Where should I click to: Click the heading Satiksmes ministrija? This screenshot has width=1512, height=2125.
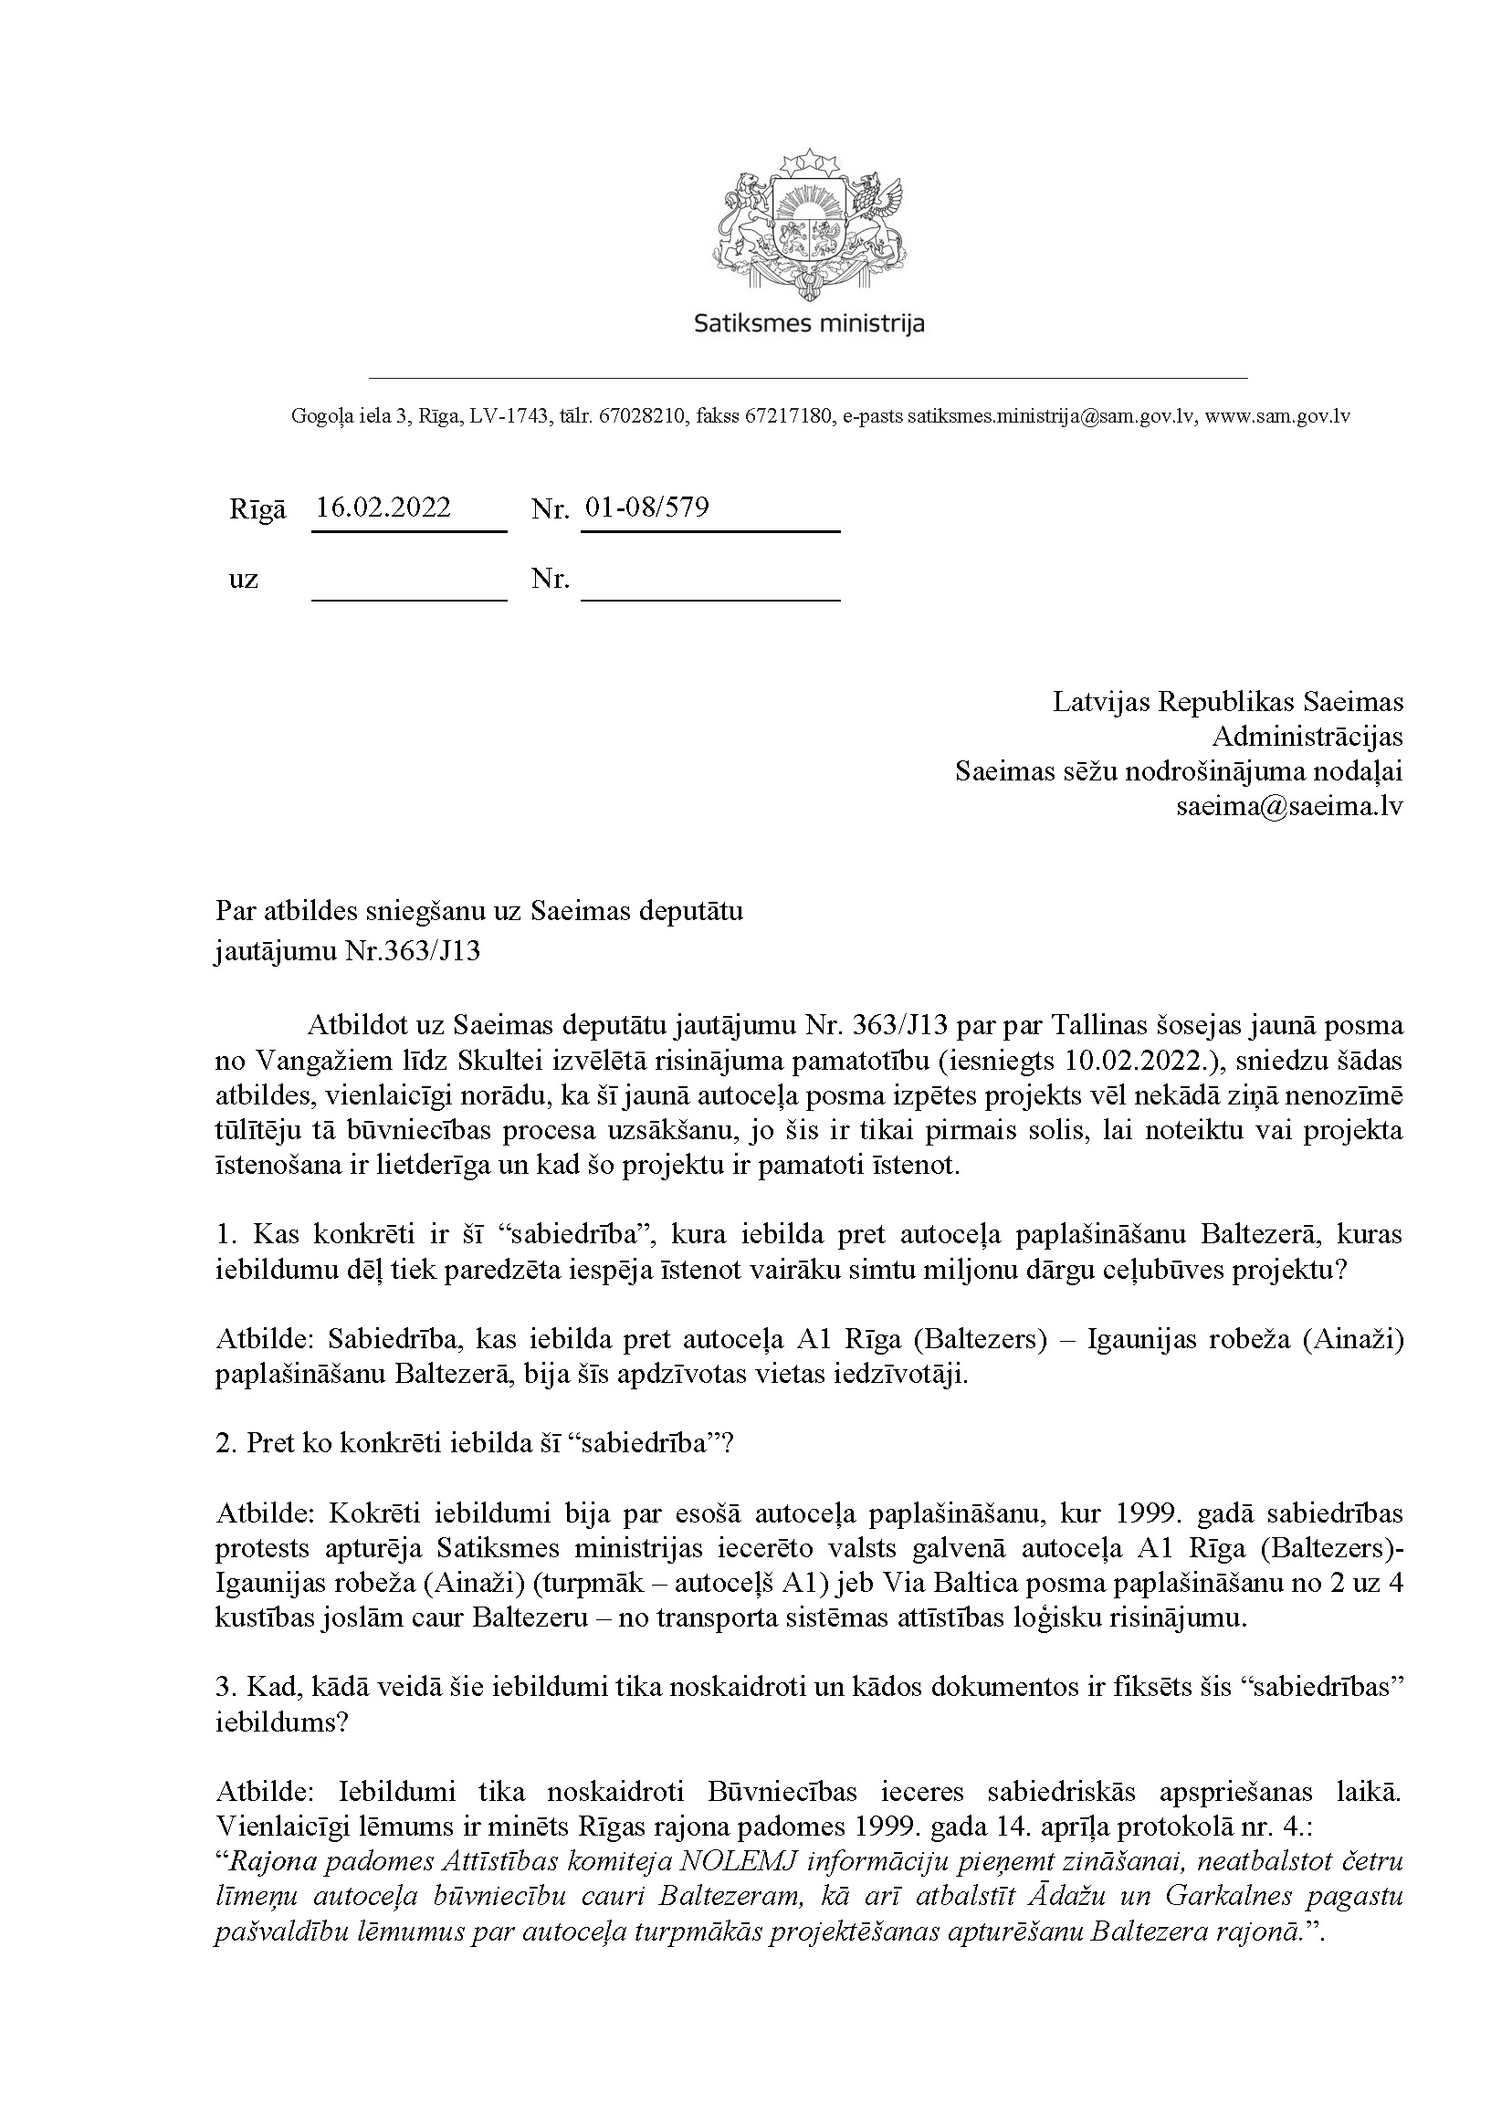point(809,324)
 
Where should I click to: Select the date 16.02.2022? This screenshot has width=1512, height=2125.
point(383,508)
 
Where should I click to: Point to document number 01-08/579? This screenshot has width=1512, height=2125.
point(647,508)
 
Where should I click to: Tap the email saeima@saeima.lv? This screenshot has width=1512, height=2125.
point(1289,806)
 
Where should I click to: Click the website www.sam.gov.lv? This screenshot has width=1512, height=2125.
point(1277,417)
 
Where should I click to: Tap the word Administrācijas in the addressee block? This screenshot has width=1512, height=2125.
point(1307,738)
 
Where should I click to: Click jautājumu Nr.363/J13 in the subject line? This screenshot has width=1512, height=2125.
point(347,952)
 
